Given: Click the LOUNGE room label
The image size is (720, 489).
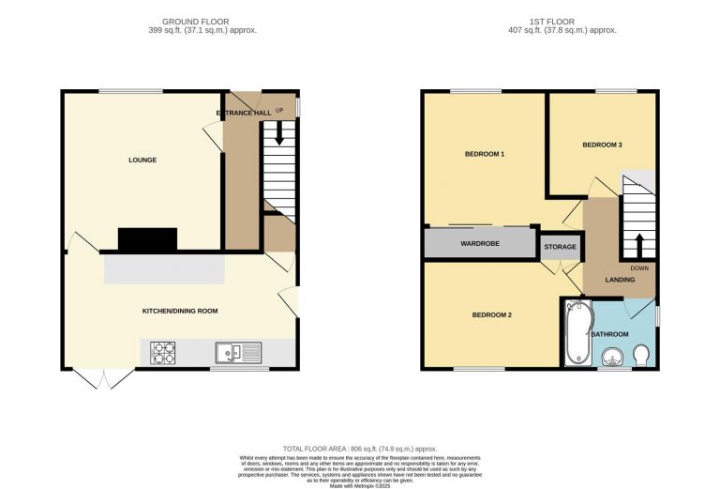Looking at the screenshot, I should coord(142,160).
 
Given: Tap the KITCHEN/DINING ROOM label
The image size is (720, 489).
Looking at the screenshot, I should coord(180,311).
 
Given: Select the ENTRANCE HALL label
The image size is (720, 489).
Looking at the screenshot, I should coord(244,113).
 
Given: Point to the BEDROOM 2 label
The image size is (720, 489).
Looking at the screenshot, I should coord(491,314).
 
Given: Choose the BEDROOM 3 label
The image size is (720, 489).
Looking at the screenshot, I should coord(602,145).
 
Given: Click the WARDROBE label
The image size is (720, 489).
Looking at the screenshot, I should coord(478,244).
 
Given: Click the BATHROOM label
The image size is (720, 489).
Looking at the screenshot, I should coord(608,333).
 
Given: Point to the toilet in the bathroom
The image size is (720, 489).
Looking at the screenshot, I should coord(642,356).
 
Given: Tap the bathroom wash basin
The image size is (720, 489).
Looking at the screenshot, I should coord(611,357).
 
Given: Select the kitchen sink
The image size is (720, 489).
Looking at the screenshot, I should coord(239,353).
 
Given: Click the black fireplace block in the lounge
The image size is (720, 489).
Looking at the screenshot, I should coord(147,240).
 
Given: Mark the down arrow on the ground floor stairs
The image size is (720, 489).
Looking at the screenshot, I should coord(278,135).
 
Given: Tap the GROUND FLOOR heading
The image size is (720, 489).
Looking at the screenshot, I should coord(195,21).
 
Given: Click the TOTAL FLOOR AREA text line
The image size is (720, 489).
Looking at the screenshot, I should coord(359,450).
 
